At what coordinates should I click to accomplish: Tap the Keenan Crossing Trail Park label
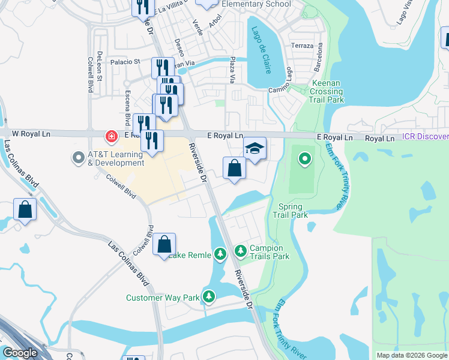[x=327, y=91]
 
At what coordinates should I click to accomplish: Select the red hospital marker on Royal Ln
[x=111, y=137]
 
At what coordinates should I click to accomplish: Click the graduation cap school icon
[x=255, y=148]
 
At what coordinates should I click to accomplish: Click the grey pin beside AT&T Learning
[x=78, y=158]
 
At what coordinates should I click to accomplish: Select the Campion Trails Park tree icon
[x=240, y=250]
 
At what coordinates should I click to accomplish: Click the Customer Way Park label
[x=162, y=298]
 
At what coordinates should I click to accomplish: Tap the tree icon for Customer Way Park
[x=209, y=296]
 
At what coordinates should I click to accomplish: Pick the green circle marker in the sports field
[x=305, y=159]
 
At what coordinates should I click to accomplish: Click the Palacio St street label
[x=125, y=61]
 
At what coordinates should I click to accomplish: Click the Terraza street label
[x=302, y=46]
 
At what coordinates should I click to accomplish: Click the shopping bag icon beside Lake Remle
[x=164, y=244]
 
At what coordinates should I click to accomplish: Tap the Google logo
[x=20, y=353]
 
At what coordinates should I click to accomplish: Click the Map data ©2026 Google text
[x=412, y=355]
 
